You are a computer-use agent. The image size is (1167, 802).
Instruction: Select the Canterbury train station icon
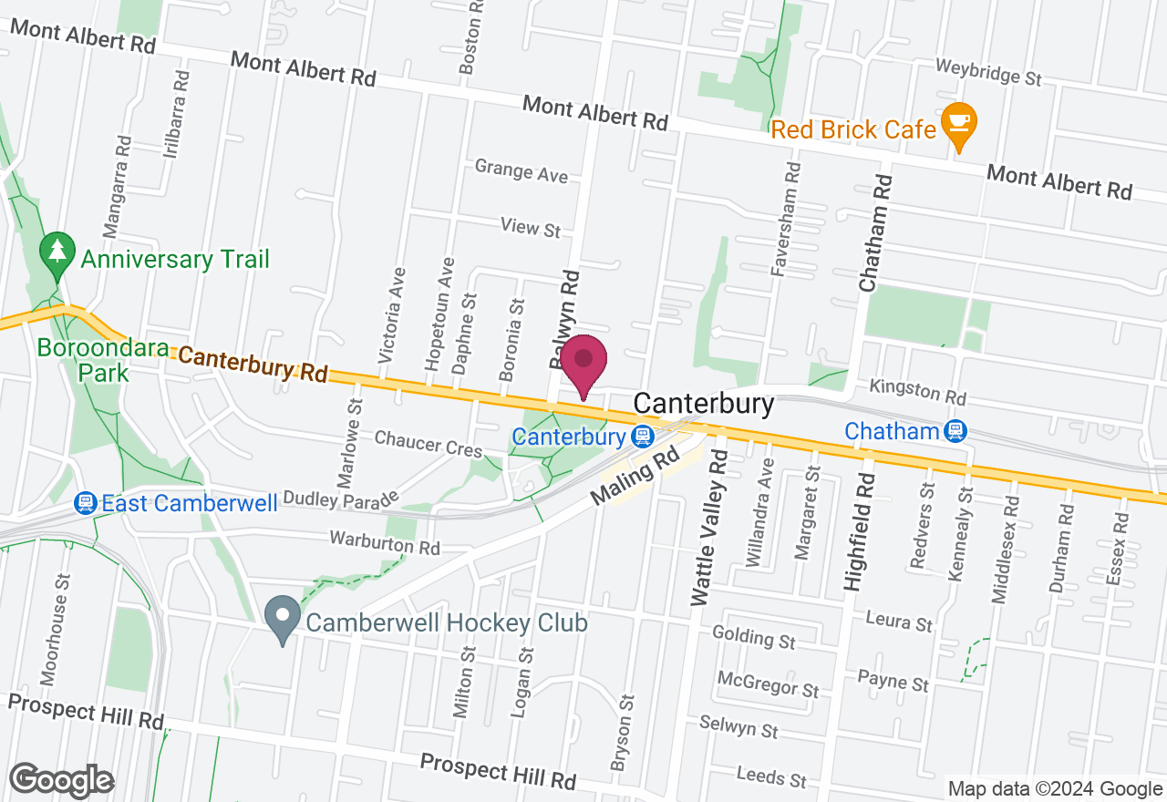click(x=643, y=437)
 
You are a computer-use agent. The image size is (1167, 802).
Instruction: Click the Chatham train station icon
click(x=956, y=431)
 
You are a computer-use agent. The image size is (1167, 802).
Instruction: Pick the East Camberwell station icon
click(x=86, y=503)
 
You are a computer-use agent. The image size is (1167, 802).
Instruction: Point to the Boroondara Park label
click(x=90, y=361)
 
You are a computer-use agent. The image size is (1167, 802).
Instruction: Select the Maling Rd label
click(x=636, y=481)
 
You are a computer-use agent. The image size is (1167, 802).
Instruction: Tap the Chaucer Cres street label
click(x=428, y=445)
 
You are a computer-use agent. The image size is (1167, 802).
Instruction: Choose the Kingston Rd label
click(x=917, y=393)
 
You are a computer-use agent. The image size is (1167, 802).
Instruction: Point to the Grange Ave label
click(x=521, y=170)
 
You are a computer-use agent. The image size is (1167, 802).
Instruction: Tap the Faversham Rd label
click(x=785, y=219)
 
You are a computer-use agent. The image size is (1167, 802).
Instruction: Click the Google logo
click(x=61, y=780)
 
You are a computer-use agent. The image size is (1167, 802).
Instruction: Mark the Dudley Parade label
click(x=341, y=499)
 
